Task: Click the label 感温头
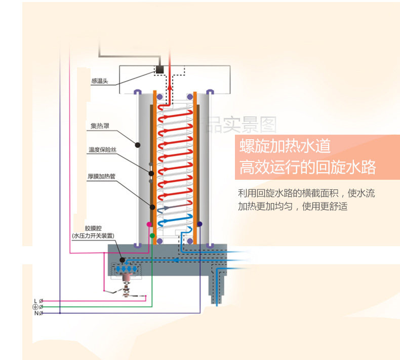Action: click(x=100, y=81)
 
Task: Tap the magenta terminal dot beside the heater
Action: click(x=149, y=223)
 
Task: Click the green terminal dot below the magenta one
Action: click(x=151, y=235)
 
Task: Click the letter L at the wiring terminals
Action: click(x=35, y=301)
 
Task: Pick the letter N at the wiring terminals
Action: click(x=35, y=313)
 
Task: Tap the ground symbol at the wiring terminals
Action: click(x=35, y=307)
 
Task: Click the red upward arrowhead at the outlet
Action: click(x=170, y=87)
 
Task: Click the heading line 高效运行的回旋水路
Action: click(x=308, y=168)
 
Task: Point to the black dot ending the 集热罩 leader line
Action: click(x=137, y=145)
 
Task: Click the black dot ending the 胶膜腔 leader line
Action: click(x=122, y=260)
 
